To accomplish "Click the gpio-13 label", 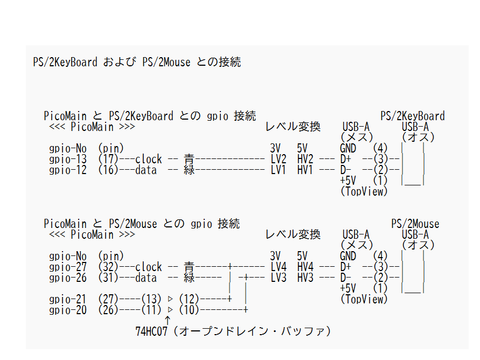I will pos(67,160).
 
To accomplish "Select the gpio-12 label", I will pos(67,170).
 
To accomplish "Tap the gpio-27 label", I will pos(67,267).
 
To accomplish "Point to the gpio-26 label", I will pos(67,278).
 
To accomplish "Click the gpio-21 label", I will pos(67,300).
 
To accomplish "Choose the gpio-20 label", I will pos(67,310).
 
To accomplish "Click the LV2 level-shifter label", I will pos(279,160).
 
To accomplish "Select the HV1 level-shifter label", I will pos(305,170).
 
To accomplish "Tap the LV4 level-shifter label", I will pos(279,267).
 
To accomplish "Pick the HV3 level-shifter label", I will pos(305,278).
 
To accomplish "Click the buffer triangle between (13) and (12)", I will pos(171,300).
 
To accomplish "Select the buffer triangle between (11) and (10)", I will pos(171,310).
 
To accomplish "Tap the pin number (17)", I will pos(108,160).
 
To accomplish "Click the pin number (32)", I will pos(108,267).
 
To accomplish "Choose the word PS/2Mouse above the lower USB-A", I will pos(415,224).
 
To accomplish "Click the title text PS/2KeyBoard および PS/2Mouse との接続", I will pos(137,62).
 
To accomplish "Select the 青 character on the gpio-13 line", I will pos(189,160).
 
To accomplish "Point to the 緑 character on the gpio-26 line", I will pos(189,278).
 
